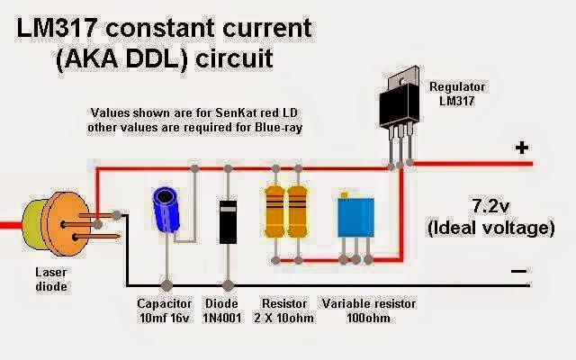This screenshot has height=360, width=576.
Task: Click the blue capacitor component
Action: pyautogui.click(x=166, y=208)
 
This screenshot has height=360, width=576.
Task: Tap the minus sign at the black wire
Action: pyautogui.click(x=518, y=270)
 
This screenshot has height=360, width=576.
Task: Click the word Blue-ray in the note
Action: pyautogui.click(x=277, y=129)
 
